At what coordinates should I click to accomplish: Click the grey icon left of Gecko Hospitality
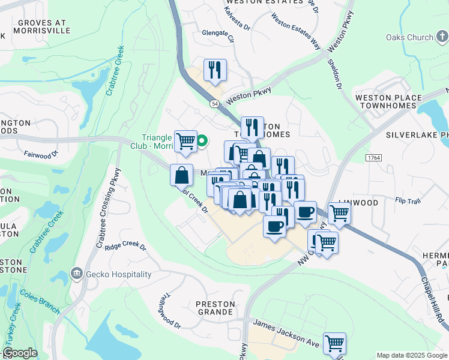(76, 274)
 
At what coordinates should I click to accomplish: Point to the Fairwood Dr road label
(41, 154)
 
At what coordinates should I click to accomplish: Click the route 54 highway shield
(214, 104)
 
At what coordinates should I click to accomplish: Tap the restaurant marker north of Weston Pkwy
(214, 70)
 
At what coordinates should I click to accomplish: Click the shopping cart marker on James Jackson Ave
(334, 344)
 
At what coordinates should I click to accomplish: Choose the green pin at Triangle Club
(202, 141)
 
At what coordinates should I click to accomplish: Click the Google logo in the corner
(20, 353)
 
